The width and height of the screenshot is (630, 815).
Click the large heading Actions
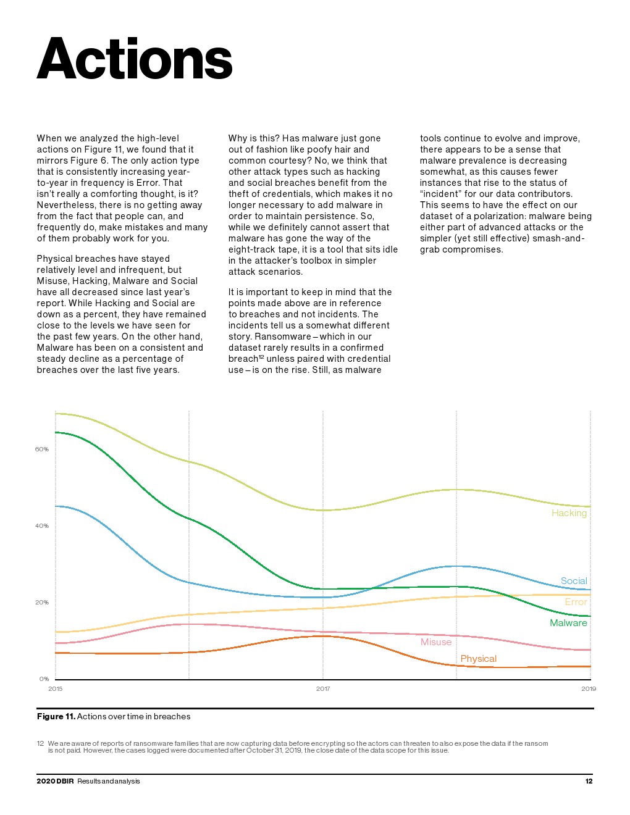pos(135,59)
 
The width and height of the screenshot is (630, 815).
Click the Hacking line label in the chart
pos(569,513)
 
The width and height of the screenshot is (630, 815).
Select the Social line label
pos(574,581)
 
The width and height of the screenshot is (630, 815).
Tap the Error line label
pos(576,602)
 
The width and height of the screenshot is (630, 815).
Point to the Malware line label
pos(568,623)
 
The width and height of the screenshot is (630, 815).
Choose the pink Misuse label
pos(436,642)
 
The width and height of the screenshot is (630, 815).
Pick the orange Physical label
pos(478,659)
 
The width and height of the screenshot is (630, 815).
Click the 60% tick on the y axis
pos(41,449)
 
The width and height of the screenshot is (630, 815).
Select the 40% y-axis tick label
pos(41,526)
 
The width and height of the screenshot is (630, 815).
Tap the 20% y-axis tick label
pos(41,603)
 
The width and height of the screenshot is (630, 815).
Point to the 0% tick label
pos(44,679)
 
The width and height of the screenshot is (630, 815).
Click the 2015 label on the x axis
pos(55,689)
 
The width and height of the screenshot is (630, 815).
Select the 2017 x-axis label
pos(323,689)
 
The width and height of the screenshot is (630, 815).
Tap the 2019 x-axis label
pos(589,689)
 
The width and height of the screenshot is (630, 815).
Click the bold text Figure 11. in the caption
pos(56,717)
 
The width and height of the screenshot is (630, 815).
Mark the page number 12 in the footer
pos(589,782)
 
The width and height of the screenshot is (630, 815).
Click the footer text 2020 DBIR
pos(55,782)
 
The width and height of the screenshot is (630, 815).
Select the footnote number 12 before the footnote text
pos(40,743)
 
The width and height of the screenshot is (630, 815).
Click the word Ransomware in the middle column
pos(283,336)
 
